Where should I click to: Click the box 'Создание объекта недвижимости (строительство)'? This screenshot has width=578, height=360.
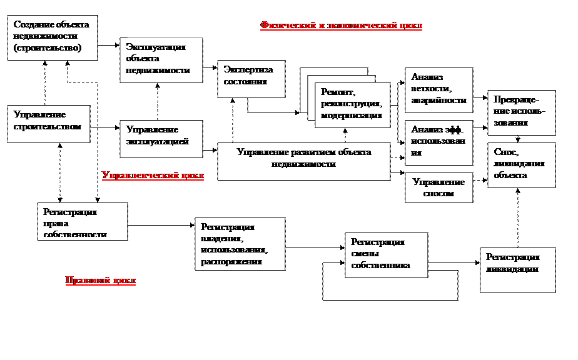pos(52,37)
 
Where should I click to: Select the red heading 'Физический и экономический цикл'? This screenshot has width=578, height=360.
pos(341,26)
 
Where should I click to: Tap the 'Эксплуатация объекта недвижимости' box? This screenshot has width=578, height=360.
pos(161,60)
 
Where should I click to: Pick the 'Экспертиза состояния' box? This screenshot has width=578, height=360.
pos(251,79)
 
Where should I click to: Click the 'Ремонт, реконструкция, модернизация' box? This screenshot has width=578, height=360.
pos(352,105)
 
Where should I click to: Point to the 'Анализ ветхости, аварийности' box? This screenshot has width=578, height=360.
pos(439,90)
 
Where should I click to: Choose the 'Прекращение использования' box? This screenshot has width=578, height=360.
pos(521,112)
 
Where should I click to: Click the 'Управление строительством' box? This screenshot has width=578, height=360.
pos(48,123)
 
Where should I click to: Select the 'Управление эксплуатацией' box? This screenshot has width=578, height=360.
pos(161,139)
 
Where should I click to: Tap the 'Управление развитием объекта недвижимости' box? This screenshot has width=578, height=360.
pos(303,161)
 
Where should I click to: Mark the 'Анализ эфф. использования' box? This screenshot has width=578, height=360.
pos(439,142)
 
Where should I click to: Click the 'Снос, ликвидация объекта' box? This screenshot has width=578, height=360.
pos(521,165)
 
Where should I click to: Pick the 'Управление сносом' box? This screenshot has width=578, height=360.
pos(439,187)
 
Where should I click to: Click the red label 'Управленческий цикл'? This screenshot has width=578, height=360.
pos(153,176)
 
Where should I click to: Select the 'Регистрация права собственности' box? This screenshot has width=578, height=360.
pos(82,222)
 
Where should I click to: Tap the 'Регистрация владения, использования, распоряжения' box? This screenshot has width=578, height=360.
pos(240,244)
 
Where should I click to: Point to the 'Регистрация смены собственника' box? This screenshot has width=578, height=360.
pos(386,255)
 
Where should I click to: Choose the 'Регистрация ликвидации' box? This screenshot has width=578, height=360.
pos(517,270)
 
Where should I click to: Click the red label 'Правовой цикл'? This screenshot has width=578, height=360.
pos(100,281)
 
